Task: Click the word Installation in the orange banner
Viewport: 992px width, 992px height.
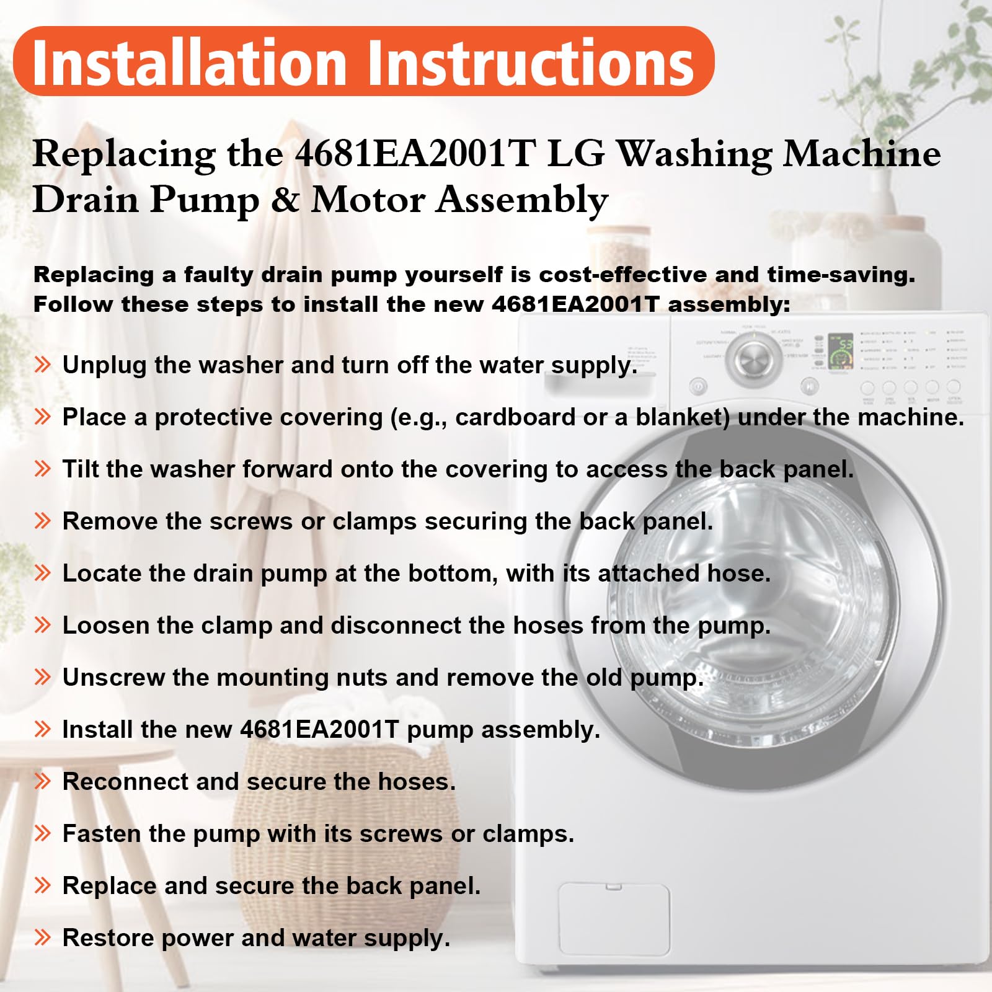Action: click(x=189, y=62)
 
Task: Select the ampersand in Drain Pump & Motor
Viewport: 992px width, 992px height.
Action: click(x=285, y=200)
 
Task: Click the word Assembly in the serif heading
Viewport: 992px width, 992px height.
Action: click(x=522, y=201)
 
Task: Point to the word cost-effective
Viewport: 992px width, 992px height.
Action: click(x=622, y=274)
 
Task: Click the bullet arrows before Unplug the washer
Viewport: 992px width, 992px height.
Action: click(x=42, y=365)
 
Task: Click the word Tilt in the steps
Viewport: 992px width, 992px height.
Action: click(x=81, y=469)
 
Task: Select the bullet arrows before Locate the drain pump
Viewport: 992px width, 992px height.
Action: click(x=42, y=573)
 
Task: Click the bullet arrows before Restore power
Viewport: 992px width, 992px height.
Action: click(x=42, y=937)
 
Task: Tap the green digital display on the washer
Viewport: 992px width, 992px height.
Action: click(x=841, y=350)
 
